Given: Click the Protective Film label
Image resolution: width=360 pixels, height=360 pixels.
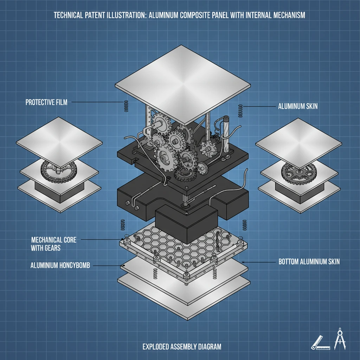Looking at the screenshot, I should point(46,102).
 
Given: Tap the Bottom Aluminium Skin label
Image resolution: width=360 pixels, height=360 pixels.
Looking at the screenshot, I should point(309,262).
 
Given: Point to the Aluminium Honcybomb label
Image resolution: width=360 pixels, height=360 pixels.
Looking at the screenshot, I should point(60,265).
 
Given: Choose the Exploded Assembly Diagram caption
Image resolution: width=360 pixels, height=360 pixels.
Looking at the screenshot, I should point(182,347).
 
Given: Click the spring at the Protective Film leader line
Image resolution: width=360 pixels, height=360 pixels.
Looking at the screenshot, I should point(123,105).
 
